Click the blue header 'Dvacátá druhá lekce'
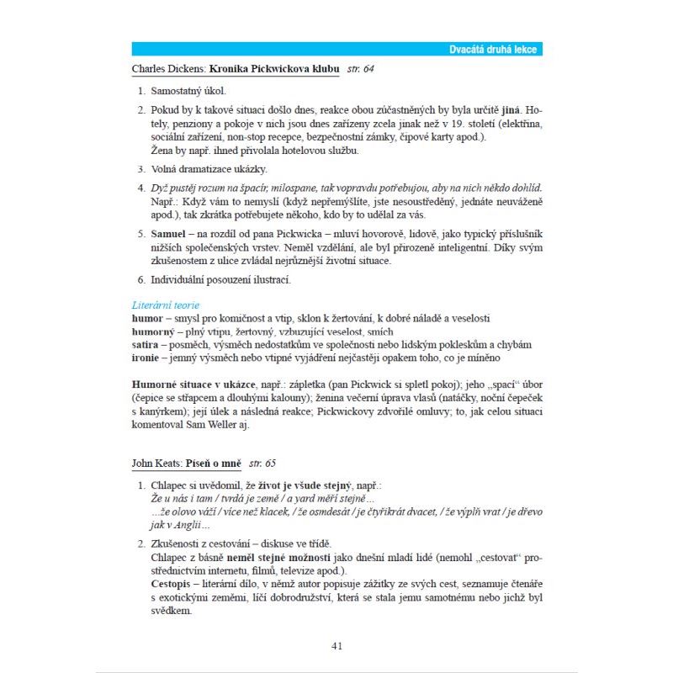pos(492,50)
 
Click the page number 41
pos(336,645)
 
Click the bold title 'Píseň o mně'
pos(215,463)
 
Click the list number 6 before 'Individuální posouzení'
pos(140,279)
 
